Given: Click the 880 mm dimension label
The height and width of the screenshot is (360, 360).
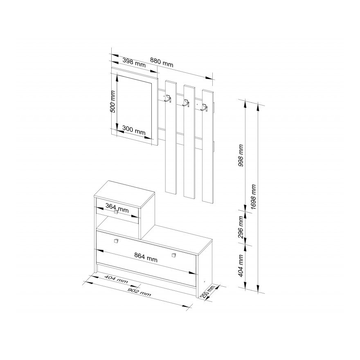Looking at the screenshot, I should [x=162, y=64].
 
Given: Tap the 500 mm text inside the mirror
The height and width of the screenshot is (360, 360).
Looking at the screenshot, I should [x=114, y=101].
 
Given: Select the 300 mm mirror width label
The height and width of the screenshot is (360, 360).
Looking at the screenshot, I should [x=134, y=131].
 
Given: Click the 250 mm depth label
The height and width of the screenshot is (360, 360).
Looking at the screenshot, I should [x=210, y=292].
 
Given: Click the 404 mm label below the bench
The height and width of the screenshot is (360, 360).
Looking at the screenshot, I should [x=116, y=279].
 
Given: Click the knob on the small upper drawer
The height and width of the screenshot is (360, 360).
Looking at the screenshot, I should [x=116, y=212].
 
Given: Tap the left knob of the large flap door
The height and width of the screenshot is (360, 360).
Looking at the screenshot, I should [x=115, y=242].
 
